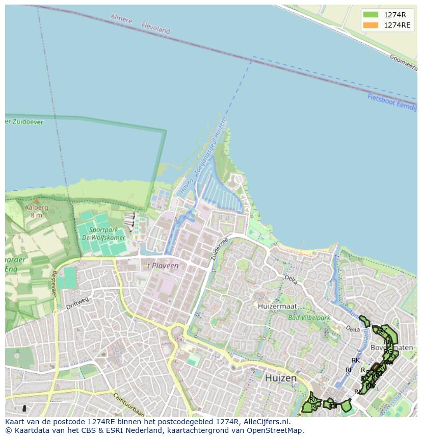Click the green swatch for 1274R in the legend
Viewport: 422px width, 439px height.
tap(371, 14)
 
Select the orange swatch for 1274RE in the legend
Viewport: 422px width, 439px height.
tap(371, 25)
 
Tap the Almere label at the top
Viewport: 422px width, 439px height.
tap(121, 19)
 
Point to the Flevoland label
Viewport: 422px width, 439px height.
tap(155, 29)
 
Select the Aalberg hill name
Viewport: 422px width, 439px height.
tap(36, 208)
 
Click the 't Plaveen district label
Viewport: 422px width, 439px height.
tap(162, 266)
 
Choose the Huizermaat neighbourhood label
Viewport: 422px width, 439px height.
tap(277, 306)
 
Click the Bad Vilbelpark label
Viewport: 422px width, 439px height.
tap(309, 318)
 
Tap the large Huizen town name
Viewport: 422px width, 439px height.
tap(280, 378)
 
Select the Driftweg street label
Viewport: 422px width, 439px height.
tap(77, 303)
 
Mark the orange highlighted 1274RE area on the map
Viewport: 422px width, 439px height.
tap(375, 367)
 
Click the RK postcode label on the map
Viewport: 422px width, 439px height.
tap(356, 360)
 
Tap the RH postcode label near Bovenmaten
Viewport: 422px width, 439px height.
tap(388, 342)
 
